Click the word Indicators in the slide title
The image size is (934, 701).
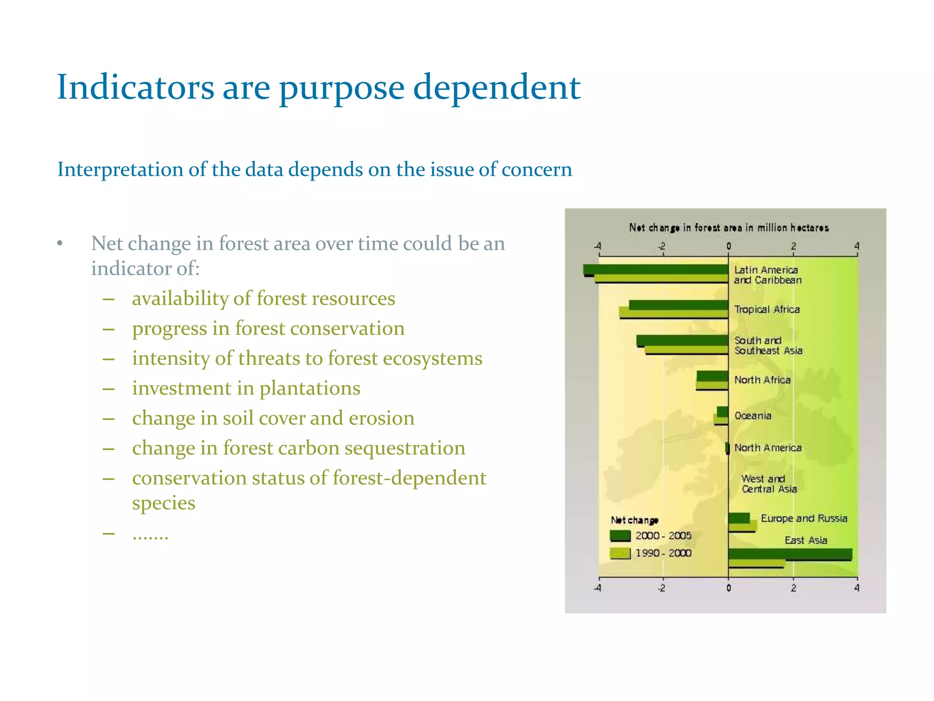click(x=135, y=87)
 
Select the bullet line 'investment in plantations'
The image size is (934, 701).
click(x=246, y=388)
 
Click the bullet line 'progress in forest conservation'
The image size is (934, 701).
click(x=268, y=329)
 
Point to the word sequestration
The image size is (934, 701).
click(x=405, y=448)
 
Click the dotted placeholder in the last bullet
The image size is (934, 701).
click(x=150, y=534)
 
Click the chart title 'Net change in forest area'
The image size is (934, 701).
click(x=728, y=227)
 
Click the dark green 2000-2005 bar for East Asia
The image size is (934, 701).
click(x=790, y=554)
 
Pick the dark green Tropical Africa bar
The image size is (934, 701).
click(x=678, y=305)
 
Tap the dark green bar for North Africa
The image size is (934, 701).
click(x=712, y=376)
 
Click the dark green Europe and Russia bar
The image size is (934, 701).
click(x=739, y=518)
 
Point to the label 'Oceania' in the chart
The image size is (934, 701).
click(x=752, y=416)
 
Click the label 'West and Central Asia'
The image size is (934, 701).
click(x=768, y=484)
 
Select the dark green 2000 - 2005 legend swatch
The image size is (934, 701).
click(x=620, y=536)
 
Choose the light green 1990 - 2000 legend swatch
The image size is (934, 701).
click(x=620, y=553)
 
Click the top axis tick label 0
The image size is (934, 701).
click(x=728, y=246)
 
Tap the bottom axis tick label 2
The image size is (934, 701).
click(x=793, y=588)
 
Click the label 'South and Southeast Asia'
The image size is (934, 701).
click(x=768, y=345)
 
